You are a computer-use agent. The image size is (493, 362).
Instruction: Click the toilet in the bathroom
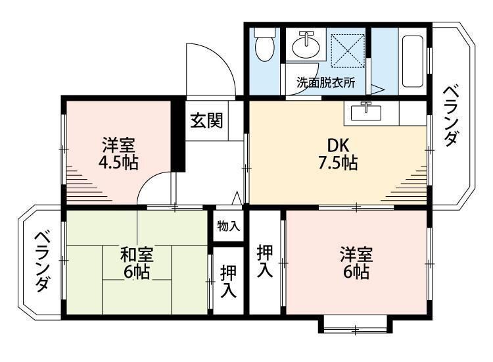coord(264,44)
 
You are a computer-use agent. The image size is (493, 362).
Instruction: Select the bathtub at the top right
coord(413,61)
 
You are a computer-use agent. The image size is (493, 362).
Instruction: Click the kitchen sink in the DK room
coord(366,112)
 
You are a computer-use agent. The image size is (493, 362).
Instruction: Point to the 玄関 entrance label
coord(206,120)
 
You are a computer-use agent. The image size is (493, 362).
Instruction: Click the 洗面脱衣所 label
coord(326,82)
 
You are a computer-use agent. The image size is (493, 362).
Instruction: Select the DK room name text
coord(339,145)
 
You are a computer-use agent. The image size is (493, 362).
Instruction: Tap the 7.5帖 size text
coord(338,163)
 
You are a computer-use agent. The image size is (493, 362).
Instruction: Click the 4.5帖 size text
coord(118,163)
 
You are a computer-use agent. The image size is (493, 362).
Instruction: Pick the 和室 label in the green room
coord(137,255)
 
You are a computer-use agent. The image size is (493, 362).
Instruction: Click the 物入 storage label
coord(229,226)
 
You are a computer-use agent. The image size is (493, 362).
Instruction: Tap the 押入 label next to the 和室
coord(228,282)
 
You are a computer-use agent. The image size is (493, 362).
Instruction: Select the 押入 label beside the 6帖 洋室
coord(265,261)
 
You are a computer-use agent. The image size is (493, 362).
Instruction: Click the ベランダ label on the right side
coord(450,116)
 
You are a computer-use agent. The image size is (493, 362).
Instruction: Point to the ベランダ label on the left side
coord(42,262)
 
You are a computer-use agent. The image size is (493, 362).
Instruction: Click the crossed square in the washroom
coord(348,51)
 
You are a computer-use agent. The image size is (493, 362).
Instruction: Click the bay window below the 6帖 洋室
coord(355,325)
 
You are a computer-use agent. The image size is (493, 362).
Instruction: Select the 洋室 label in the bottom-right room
coord(356,255)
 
